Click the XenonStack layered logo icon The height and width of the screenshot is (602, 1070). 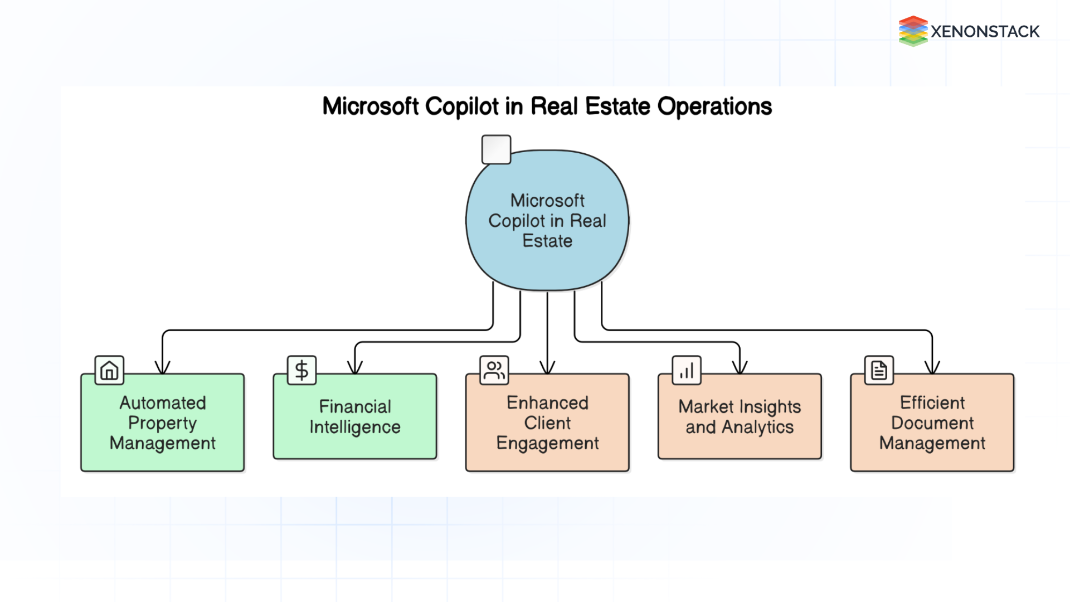pyautogui.click(x=912, y=31)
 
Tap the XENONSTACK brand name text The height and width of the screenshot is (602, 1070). pyautogui.click(x=985, y=32)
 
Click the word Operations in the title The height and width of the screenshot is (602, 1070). pyautogui.click(x=714, y=106)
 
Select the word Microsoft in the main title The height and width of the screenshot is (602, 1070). pyautogui.click(x=371, y=106)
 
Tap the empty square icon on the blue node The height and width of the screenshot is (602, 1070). pyautogui.click(x=496, y=149)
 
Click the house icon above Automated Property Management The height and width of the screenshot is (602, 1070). pyautogui.click(x=109, y=370)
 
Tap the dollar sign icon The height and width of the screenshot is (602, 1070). pyautogui.click(x=301, y=370)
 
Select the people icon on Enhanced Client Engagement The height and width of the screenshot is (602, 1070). pyautogui.click(x=494, y=370)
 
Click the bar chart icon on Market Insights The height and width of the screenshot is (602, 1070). pyautogui.click(x=687, y=370)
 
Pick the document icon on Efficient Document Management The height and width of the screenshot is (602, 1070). pyautogui.click(x=879, y=370)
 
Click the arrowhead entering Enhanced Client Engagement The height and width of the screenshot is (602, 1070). pyautogui.click(x=547, y=368)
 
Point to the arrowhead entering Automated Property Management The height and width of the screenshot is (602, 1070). pyautogui.click(x=162, y=368)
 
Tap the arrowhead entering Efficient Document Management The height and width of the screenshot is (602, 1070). pyautogui.click(x=932, y=368)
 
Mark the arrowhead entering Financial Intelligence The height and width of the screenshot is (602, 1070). pyautogui.click(x=355, y=368)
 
